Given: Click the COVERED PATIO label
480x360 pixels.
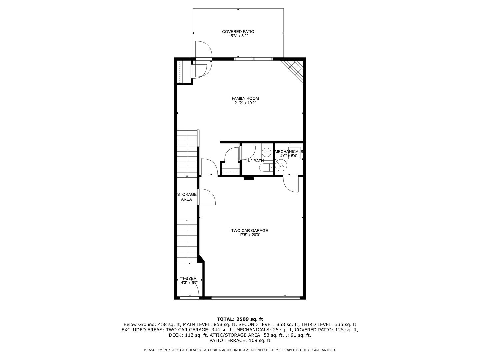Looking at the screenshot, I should click(238, 32).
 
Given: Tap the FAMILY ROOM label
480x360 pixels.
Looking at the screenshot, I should click(245, 98).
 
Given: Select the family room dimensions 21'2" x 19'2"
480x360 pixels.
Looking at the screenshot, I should click(245, 103).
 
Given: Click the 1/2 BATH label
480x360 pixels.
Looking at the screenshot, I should click(255, 161).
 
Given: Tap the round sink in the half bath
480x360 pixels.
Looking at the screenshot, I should click(266, 153).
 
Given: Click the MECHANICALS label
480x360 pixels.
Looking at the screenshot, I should click(289, 152).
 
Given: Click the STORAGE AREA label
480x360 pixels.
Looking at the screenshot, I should click(187, 197).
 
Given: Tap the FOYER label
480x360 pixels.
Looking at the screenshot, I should click(189, 278).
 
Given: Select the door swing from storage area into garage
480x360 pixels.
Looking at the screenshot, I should click(207, 197).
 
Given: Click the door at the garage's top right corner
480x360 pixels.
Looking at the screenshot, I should click(291, 184).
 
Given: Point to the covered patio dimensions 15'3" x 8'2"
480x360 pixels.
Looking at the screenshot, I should click(238, 36).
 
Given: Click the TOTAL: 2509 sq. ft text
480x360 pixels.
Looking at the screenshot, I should click(240, 319).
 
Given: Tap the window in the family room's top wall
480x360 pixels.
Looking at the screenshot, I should click(253, 59).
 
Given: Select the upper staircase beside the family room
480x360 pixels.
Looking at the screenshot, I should click(187, 153).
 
